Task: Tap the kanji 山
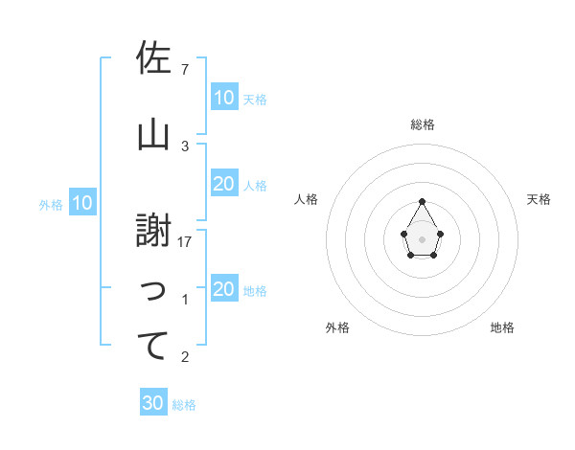(x=153, y=135)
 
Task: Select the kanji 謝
(x=153, y=231)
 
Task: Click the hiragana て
(x=153, y=346)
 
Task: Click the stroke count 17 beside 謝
(x=185, y=242)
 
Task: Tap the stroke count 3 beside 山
(x=185, y=146)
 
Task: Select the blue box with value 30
(x=153, y=403)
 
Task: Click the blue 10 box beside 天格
(x=223, y=98)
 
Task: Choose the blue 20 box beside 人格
(x=223, y=184)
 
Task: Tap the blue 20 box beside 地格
(x=223, y=289)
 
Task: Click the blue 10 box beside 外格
(x=81, y=203)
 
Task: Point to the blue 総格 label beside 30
(x=184, y=405)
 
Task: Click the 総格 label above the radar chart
(x=423, y=124)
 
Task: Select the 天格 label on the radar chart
(x=539, y=199)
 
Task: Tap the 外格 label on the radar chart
(x=337, y=327)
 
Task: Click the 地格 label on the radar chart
(x=502, y=327)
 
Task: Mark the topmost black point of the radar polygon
(x=422, y=201)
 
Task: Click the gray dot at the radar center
(x=422, y=237)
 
